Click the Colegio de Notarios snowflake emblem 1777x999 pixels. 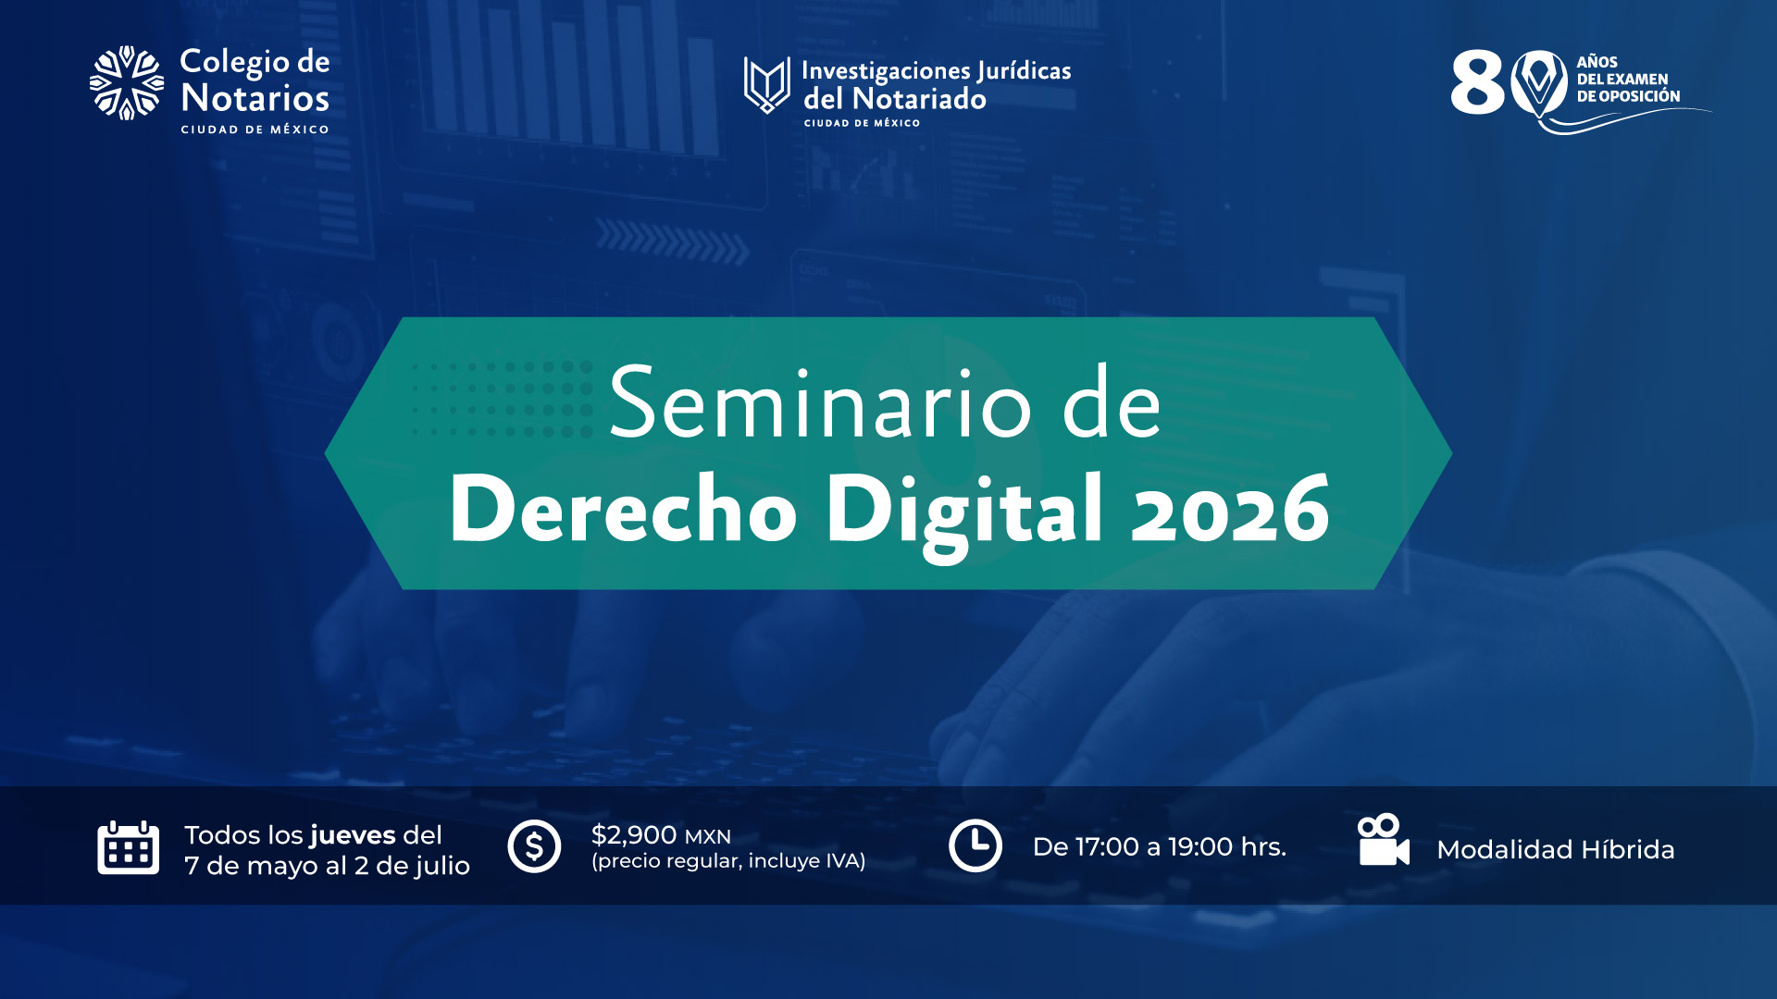127,83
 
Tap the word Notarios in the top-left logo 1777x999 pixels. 255,98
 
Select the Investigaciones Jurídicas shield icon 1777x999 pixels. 767,85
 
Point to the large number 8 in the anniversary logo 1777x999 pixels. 1478,82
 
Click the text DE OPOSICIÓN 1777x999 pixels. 1629,96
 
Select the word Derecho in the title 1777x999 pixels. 623,510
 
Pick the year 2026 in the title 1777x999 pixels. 1231,509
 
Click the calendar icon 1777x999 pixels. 129,847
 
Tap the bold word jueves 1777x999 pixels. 354,835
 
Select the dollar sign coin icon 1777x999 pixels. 535,846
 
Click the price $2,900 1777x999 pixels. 634,835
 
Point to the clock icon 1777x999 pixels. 975,845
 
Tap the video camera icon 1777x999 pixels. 1383,840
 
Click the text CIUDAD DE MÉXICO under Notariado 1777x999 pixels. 862,123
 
